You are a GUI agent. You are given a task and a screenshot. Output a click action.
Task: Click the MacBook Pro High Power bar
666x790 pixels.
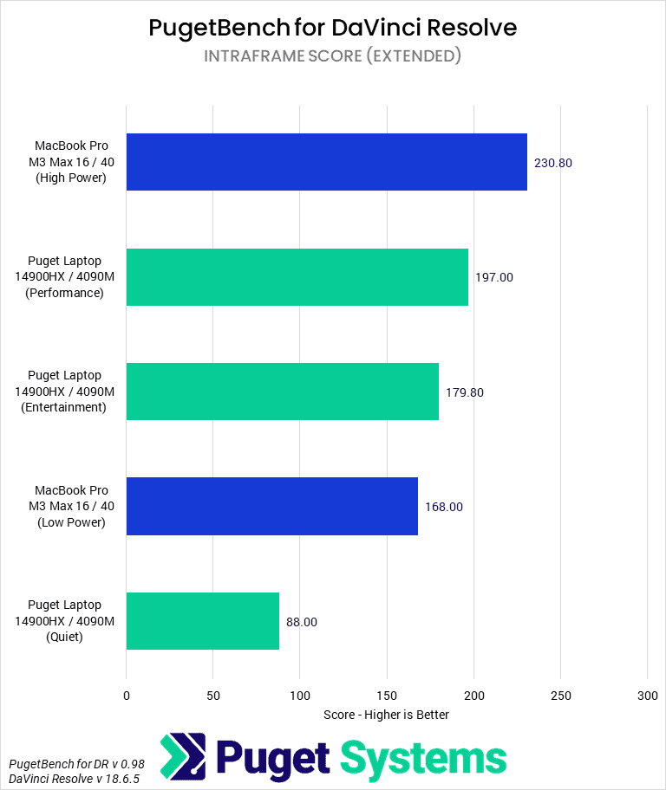326,162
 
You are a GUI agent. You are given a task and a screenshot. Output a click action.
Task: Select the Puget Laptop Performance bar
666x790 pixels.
297,277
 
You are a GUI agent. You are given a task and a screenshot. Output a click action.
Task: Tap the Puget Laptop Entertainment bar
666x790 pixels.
282,392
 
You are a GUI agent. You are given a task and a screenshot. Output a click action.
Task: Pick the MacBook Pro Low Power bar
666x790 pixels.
271,507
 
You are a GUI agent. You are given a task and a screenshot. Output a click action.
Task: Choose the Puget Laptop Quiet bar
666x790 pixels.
202,621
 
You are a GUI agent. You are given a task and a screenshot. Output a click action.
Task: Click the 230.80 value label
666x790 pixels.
553,163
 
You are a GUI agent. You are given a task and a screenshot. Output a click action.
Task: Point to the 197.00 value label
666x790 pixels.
494,277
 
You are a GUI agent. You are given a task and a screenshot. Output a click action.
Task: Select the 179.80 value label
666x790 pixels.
465,392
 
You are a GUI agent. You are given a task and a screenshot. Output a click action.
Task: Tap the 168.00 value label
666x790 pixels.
444,507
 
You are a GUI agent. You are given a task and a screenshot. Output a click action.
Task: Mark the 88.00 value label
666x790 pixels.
302,622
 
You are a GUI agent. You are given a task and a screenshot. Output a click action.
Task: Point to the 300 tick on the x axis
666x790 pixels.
647,696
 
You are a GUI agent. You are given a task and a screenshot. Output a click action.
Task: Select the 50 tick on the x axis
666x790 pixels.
213,696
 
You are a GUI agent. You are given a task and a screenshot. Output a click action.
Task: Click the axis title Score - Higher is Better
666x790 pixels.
387,715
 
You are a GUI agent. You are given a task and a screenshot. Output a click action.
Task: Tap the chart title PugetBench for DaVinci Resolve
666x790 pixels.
333,28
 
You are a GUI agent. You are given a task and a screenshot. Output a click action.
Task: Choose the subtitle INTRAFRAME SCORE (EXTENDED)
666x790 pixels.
333,56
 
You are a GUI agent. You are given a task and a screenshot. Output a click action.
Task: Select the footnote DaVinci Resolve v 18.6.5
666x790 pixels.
66,778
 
